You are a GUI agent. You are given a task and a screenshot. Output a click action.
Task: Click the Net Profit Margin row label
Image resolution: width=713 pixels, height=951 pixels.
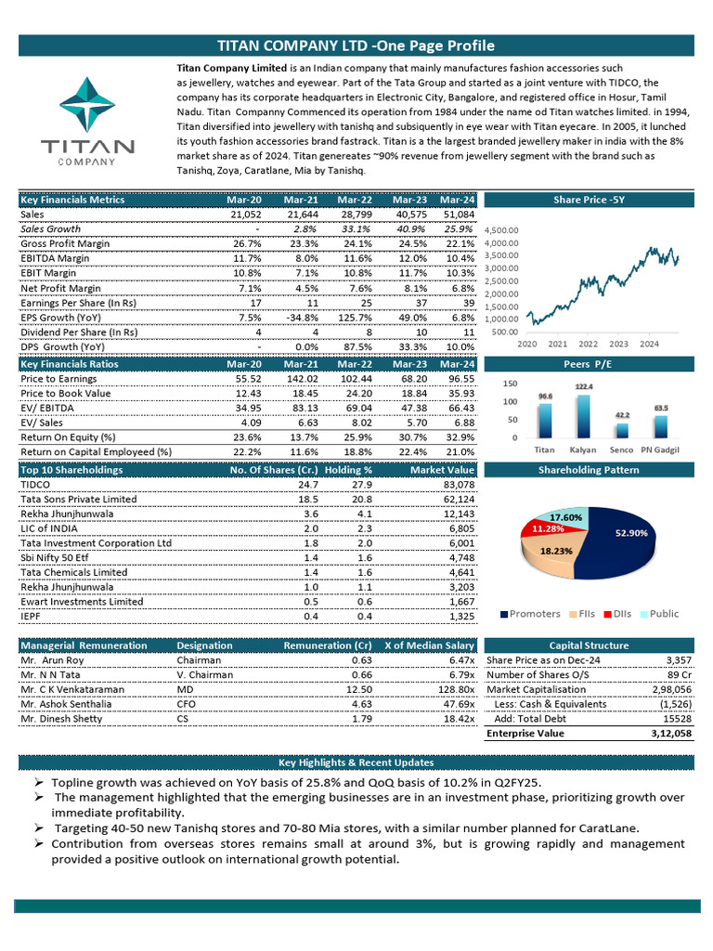60,288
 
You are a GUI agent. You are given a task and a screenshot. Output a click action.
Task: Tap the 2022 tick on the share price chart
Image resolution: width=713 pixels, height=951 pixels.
588,344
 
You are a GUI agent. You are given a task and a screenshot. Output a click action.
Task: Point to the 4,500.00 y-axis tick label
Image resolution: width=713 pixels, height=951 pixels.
500,230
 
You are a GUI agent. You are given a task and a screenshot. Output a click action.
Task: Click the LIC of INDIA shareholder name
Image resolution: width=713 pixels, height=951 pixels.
51,528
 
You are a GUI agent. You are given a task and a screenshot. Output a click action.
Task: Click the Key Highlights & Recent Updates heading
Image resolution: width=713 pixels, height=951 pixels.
356,762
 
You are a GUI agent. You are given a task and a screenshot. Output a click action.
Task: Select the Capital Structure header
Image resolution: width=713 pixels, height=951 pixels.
589,645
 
